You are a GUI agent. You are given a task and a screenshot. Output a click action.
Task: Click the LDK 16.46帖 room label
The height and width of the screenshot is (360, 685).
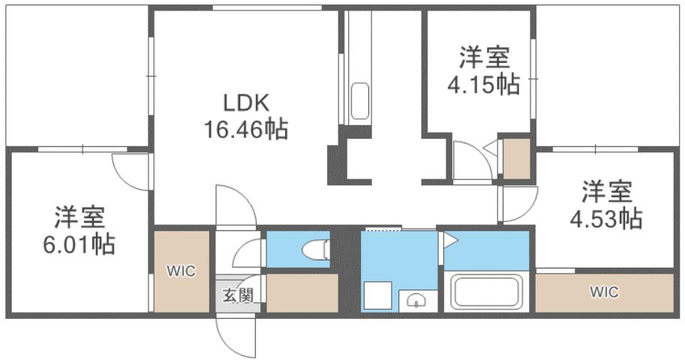tap(245, 115)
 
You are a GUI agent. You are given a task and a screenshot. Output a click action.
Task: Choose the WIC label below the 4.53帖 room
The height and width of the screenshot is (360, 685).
tap(604, 292)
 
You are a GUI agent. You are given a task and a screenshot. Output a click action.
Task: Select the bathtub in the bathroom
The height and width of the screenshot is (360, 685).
tap(486, 292)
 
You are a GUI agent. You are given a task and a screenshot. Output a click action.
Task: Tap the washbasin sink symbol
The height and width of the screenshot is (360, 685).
tap(415, 300)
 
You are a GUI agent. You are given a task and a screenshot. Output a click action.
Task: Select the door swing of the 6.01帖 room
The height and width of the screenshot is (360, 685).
tap(129, 171)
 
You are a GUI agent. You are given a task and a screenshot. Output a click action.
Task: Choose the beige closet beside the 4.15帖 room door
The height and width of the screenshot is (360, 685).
tap(516, 158)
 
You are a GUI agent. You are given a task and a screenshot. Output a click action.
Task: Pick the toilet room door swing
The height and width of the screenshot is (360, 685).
tap(248, 253)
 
